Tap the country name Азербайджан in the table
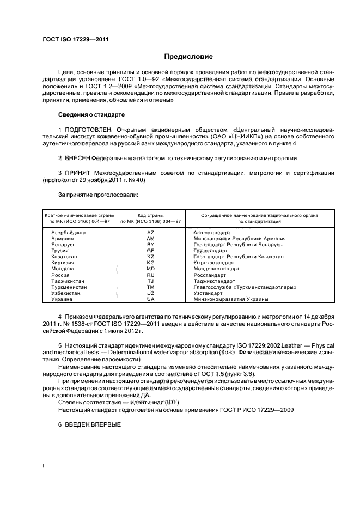coord(68,232)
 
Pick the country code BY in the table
coord(150,245)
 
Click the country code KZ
coord(150,257)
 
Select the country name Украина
coord(63,299)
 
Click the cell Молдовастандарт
coord(216,269)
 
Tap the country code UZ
coord(150,293)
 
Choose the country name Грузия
coord(61,251)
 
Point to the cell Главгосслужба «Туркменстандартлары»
coord(245,287)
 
